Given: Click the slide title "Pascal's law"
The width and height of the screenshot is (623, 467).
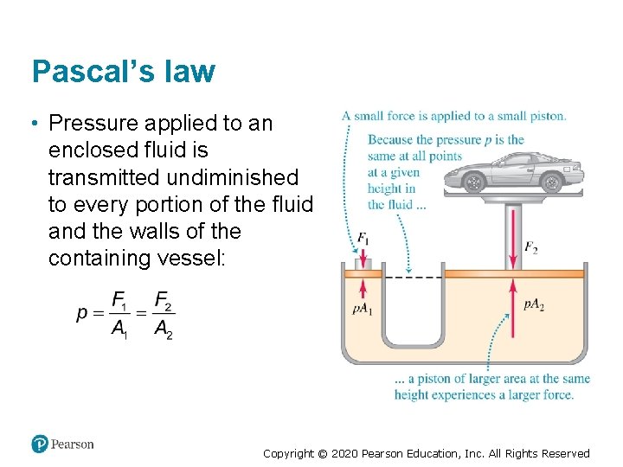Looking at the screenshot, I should pos(123,71).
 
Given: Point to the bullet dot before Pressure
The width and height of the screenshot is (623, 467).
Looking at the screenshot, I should pos(34,124).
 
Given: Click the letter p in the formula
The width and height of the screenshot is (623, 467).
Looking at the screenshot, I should pos(82,312).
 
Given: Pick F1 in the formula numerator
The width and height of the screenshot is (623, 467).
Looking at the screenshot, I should pos(120,300).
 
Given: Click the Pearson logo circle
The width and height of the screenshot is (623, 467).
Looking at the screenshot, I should pos(40,444).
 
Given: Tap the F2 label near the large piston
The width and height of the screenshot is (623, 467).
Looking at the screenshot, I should pos(531,247).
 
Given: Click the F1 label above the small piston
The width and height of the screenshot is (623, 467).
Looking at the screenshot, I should pos(363,237).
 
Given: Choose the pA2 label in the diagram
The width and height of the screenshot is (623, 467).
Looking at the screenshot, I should pos(534,304).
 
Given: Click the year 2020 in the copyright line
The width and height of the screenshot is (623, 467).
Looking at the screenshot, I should pos(347,453).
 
